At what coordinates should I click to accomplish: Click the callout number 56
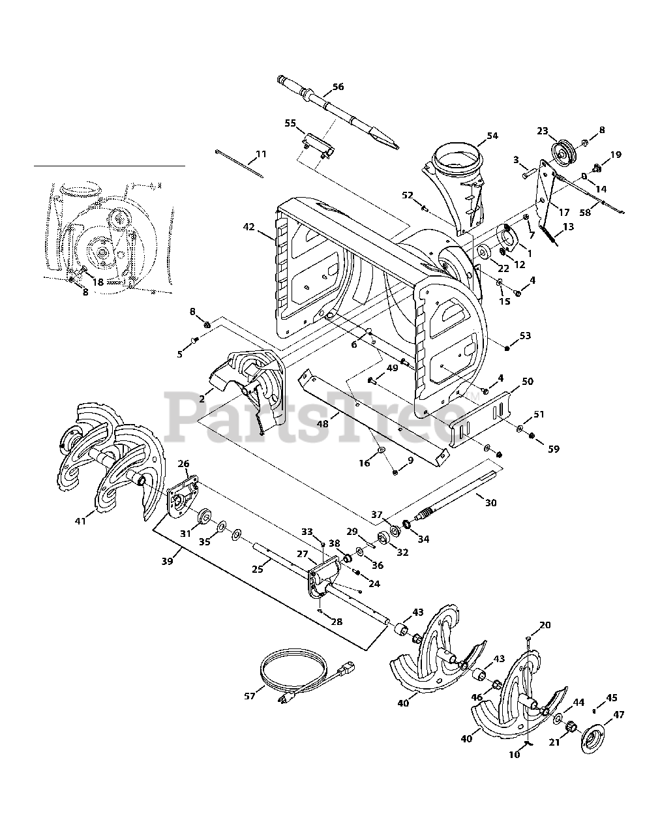pos(338,87)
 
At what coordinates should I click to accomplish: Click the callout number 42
pos(249,227)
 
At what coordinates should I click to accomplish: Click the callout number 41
pos(80,521)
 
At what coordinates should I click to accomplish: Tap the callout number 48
pos(323,424)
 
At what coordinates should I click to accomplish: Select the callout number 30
pos(491,502)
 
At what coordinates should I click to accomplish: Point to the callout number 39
pos(167,562)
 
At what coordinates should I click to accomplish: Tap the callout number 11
pos(261,154)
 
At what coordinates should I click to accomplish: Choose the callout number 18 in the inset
pos(98,282)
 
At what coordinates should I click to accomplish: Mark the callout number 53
pos(525,335)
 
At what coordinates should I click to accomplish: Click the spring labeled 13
pos(548,235)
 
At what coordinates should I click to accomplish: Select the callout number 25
pos(258,569)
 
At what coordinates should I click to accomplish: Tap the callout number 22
pos(503,269)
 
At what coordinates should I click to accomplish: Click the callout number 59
pos(554,449)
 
